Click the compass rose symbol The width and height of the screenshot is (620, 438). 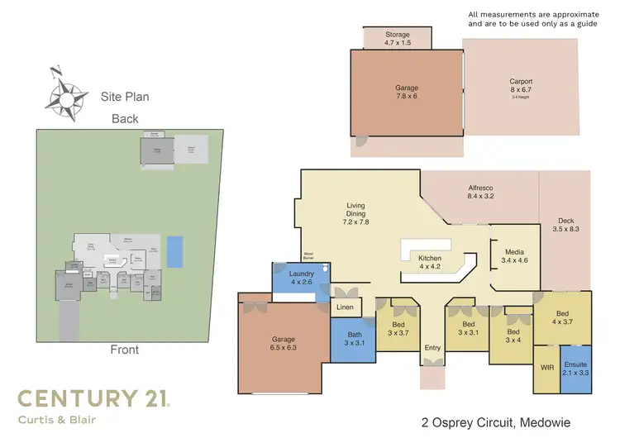(x=66, y=93)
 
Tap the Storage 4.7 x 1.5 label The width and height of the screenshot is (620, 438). (x=397, y=39)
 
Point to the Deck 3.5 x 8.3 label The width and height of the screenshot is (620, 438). (x=565, y=226)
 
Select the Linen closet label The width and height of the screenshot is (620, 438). (x=345, y=308)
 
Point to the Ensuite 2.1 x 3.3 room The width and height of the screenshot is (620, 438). (x=575, y=369)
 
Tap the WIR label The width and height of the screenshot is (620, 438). (x=547, y=367)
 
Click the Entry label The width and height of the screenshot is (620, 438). (x=431, y=349)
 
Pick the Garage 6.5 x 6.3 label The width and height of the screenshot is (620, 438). (x=283, y=343)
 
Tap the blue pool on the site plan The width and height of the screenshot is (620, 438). (x=174, y=251)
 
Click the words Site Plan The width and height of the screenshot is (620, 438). (x=125, y=97)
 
